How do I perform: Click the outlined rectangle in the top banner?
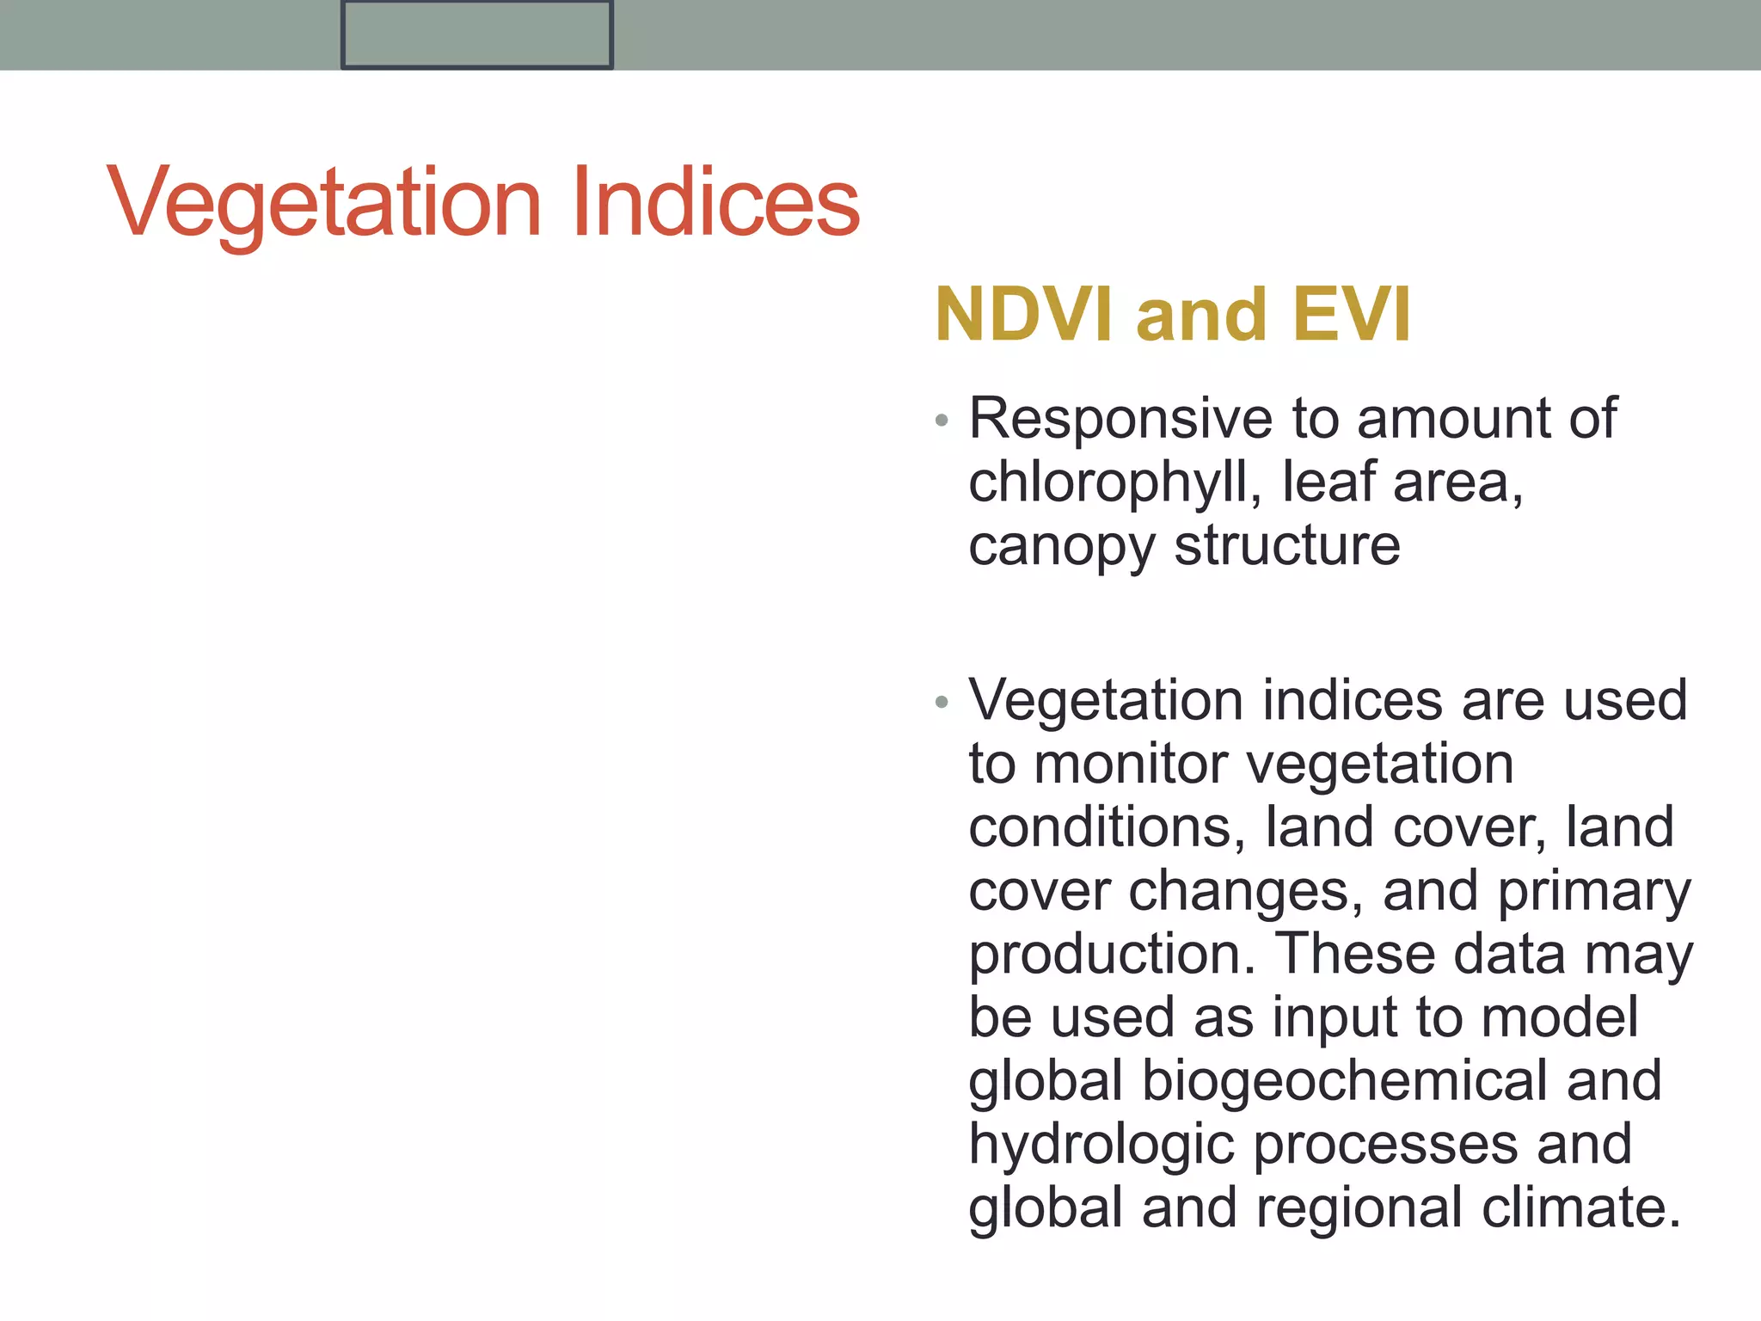tap(476, 34)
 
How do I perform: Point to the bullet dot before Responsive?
tap(942, 421)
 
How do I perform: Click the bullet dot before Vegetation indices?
tap(942, 702)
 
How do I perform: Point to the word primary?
tap(1594, 892)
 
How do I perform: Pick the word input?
tap(1336, 1017)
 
